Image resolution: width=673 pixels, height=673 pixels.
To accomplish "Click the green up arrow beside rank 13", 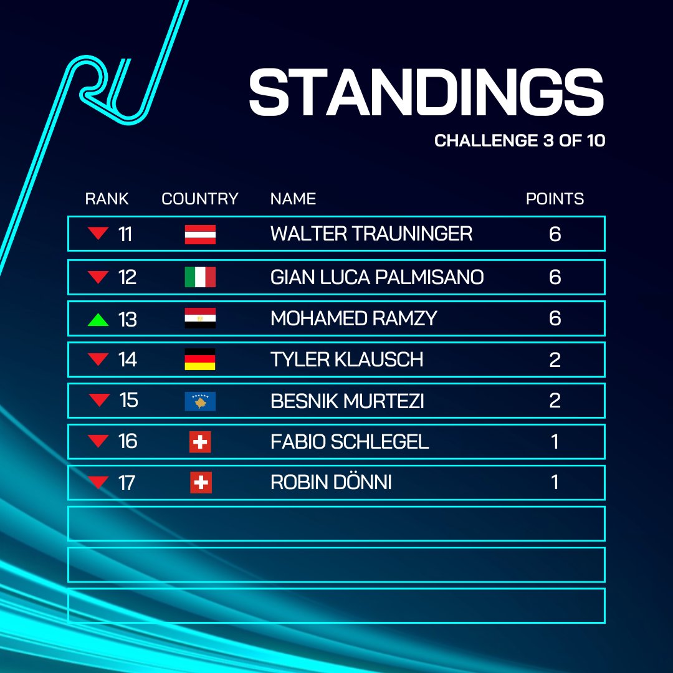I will tap(98, 320).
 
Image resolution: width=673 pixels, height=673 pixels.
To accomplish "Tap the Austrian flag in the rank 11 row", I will tap(200, 234).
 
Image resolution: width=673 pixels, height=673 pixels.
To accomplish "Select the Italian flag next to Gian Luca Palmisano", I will tap(200, 277).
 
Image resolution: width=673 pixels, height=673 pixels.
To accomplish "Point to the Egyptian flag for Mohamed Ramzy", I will tap(200, 318).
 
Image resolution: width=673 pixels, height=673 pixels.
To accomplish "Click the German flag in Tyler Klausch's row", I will tap(200, 360).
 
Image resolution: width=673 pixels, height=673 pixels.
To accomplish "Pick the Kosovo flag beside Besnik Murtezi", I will tap(200, 401).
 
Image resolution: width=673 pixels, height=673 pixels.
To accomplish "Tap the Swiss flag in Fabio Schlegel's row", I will tap(200, 442).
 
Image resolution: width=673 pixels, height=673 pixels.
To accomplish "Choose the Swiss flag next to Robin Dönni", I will tap(201, 483).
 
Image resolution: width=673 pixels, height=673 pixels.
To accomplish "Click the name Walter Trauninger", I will tap(371, 234).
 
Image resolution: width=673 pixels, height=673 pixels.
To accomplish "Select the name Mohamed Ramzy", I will tap(353, 318).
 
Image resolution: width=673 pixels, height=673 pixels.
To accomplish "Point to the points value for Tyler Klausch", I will tap(555, 360).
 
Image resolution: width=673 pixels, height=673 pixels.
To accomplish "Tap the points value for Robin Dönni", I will tap(555, 483).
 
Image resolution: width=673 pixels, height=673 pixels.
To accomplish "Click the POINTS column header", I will tap(555, 199).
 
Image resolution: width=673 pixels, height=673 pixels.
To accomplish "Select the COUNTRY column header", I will tap(200, 199).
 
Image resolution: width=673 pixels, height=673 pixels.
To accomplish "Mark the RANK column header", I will tap(107, 199).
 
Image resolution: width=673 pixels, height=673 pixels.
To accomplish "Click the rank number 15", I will tap(128, 399).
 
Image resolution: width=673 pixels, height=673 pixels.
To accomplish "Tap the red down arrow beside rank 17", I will tap(98, 482).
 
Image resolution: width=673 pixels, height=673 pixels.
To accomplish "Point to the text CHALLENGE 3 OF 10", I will tap(520, 140).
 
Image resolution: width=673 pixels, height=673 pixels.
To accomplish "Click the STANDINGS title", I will tap(426, 92).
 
